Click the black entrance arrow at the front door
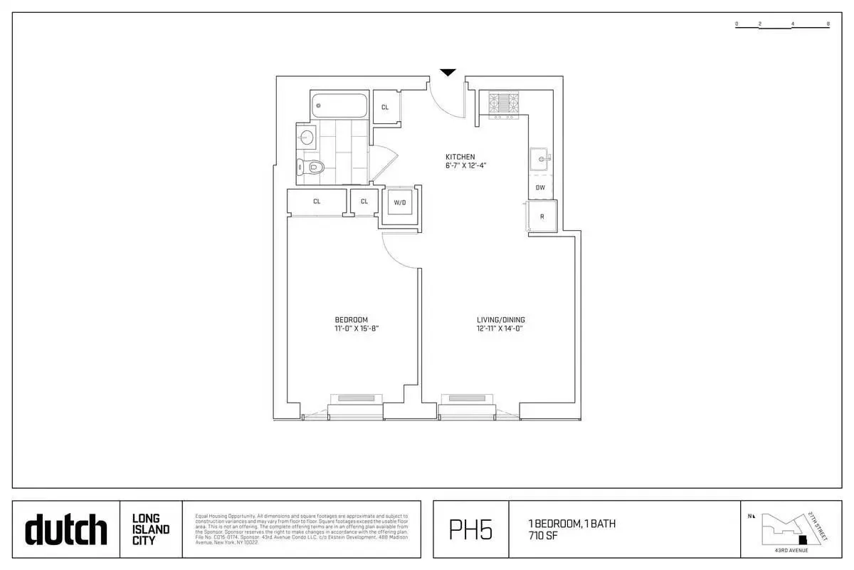447,72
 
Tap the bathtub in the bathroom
339,106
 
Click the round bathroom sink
307,138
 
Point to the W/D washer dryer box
400,203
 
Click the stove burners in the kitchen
505,104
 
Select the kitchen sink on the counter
541,159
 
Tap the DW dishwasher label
540,188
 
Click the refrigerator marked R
542,216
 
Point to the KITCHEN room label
460,157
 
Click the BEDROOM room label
352,320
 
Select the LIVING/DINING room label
500,320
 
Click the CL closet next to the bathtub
385,108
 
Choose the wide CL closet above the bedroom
317,202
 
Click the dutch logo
66,530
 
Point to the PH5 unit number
470,530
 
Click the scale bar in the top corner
782,24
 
